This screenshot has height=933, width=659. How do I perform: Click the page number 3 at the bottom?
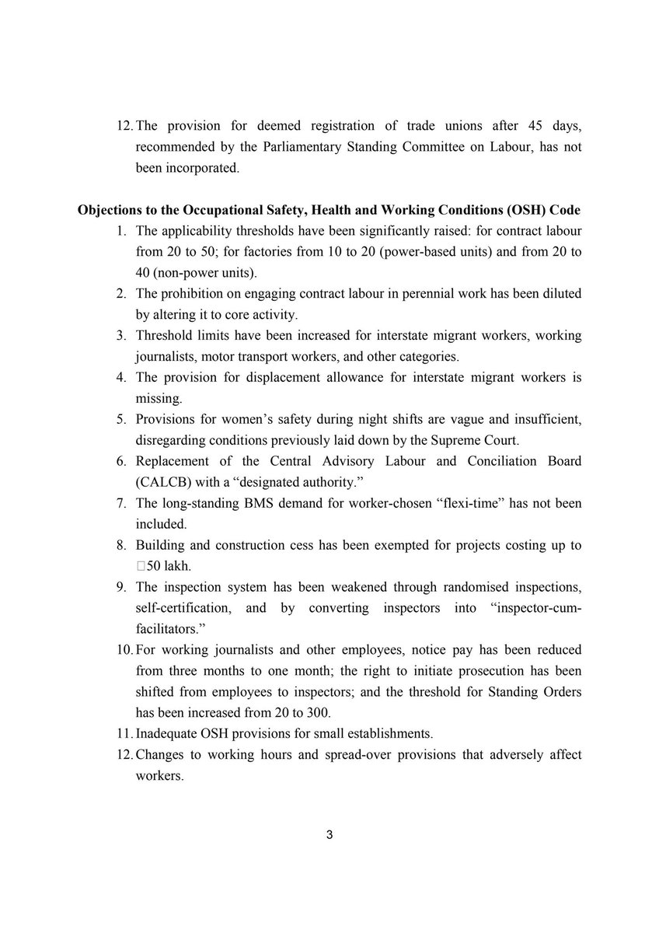pyautogui.click(x=329, y=836)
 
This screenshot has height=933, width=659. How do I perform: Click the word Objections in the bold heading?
pyautogui.click(x=109, y=211)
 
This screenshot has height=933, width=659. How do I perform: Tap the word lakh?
pyautogui.click(x=178, y=567)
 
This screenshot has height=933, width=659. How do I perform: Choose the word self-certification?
pyautogui.click(x=186, y=609)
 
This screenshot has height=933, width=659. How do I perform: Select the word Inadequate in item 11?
pyautogui.click(x=166, y=735)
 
